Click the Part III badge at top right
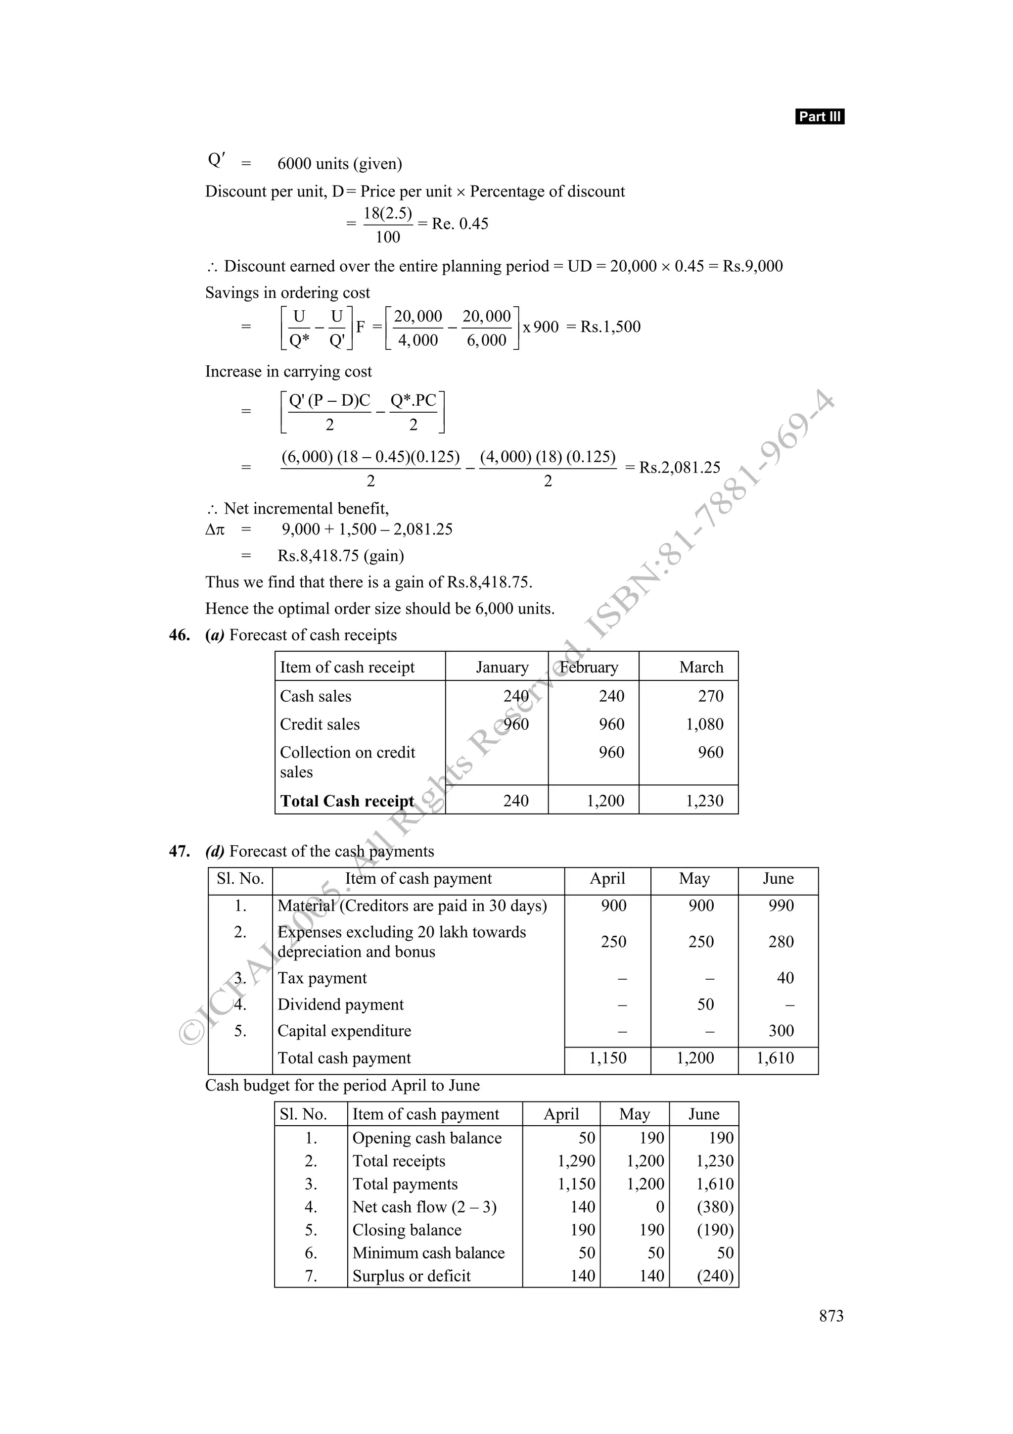tap(819, 117)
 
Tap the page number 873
tap(831, 1316)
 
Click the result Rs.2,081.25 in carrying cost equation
tap(680, 467)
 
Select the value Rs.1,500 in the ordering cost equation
tap(610, 327)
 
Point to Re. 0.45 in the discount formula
tap(460, 224)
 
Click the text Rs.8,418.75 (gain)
tap(341, 555)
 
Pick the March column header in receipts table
tap(701, 667)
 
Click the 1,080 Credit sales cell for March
tap(705, 724)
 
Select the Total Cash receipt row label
tap(347, 801)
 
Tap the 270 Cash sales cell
tap(710, 696)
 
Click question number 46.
tap(179, 635)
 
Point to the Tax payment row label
tap(322, 978)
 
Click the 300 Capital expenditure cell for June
tap(781, 1031)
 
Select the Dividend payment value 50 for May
tap(705, 1004)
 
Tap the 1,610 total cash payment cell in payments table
tap(775, 1058)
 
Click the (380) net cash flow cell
tap(715, 1207)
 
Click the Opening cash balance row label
tap(427, 1138)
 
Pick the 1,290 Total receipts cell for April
tap(576, 1161)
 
